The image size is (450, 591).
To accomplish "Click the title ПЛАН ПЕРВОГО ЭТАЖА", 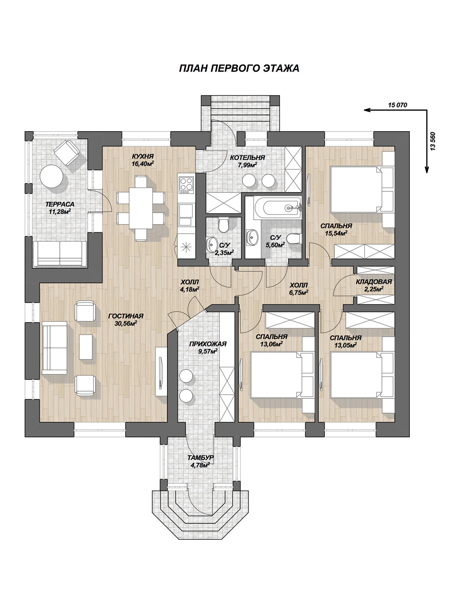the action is (239, 68).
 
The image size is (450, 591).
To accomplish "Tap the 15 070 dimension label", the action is (397, 105).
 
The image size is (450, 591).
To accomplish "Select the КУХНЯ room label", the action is (143, 157).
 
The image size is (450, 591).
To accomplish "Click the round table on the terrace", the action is (51, 176).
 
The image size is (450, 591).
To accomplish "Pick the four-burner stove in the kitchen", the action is (186, 185).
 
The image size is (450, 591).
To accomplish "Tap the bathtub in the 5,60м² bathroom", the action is (277, 208).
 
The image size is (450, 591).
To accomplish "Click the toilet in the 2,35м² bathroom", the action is (224, 225).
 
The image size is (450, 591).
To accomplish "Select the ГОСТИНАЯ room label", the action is (126, 316).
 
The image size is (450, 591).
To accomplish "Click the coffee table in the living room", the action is (86, 347).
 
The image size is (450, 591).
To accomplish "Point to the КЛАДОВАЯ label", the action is (374, 282).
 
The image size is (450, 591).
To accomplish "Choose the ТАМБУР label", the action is (201, 457).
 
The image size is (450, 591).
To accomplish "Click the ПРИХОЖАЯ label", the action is (208, 344).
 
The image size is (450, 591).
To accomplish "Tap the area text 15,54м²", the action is (336, 233).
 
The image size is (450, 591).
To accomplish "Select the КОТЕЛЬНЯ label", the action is (247, 157).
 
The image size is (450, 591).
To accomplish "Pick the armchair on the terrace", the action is (67, 153).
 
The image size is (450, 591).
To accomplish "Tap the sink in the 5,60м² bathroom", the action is (253, 237).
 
